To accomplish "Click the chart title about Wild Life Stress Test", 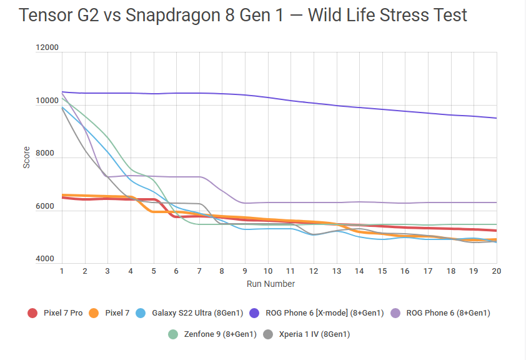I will [x=243, y=16].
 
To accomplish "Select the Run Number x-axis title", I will [x=270, y=284].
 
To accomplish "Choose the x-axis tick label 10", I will [x=268, y=271].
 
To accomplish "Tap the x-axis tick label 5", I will [x=154, y=271].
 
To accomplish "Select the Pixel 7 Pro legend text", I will [x=63, y=312].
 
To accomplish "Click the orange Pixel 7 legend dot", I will [x=94, y=312].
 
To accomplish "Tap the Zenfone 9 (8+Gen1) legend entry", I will [x=219, y=334].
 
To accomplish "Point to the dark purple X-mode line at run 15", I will [x=382, y=109].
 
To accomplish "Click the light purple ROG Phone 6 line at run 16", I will [x=405, y=203].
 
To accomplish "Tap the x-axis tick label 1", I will [x=62, y=271].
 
